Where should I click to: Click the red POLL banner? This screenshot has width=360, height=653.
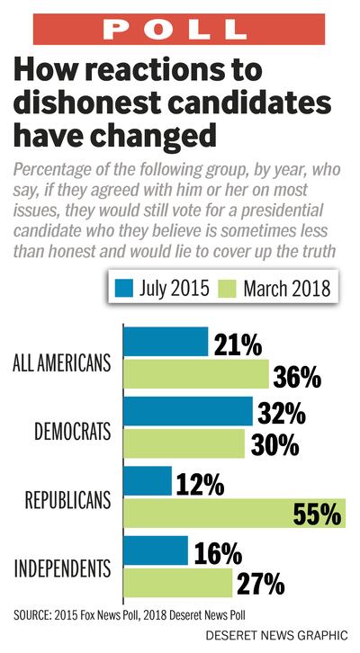179,28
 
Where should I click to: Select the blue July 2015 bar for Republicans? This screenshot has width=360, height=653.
147,480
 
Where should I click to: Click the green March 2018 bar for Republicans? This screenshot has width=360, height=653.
233,514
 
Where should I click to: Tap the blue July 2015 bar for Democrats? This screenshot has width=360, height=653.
187,411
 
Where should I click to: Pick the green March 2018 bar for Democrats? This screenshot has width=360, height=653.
184,443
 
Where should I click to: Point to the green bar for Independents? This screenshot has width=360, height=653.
177,583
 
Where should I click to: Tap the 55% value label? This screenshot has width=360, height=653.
317,514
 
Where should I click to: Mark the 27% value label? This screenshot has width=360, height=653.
260,584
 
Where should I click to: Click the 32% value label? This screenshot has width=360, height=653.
280,412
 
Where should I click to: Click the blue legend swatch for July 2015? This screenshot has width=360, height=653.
122,289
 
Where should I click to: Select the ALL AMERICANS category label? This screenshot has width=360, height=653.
62,362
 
